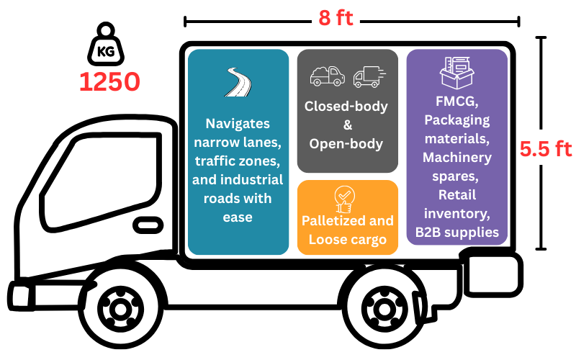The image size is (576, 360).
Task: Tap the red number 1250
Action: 109,82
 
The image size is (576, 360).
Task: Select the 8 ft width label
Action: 336,18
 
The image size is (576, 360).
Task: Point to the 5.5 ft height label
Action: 546,149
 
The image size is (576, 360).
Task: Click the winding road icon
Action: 238,82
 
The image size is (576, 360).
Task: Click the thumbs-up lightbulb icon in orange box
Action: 347,197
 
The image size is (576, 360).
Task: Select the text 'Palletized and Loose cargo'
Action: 347,230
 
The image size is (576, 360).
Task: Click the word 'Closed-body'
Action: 346,107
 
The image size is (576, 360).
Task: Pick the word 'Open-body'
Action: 346,143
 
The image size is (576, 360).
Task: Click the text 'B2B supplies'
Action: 457,232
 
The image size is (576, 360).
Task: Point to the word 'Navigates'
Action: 238,123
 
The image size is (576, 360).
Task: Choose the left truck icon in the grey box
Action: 328,76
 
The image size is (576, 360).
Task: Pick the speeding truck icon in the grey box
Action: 369,76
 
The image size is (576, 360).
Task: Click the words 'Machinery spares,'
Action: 457,166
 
